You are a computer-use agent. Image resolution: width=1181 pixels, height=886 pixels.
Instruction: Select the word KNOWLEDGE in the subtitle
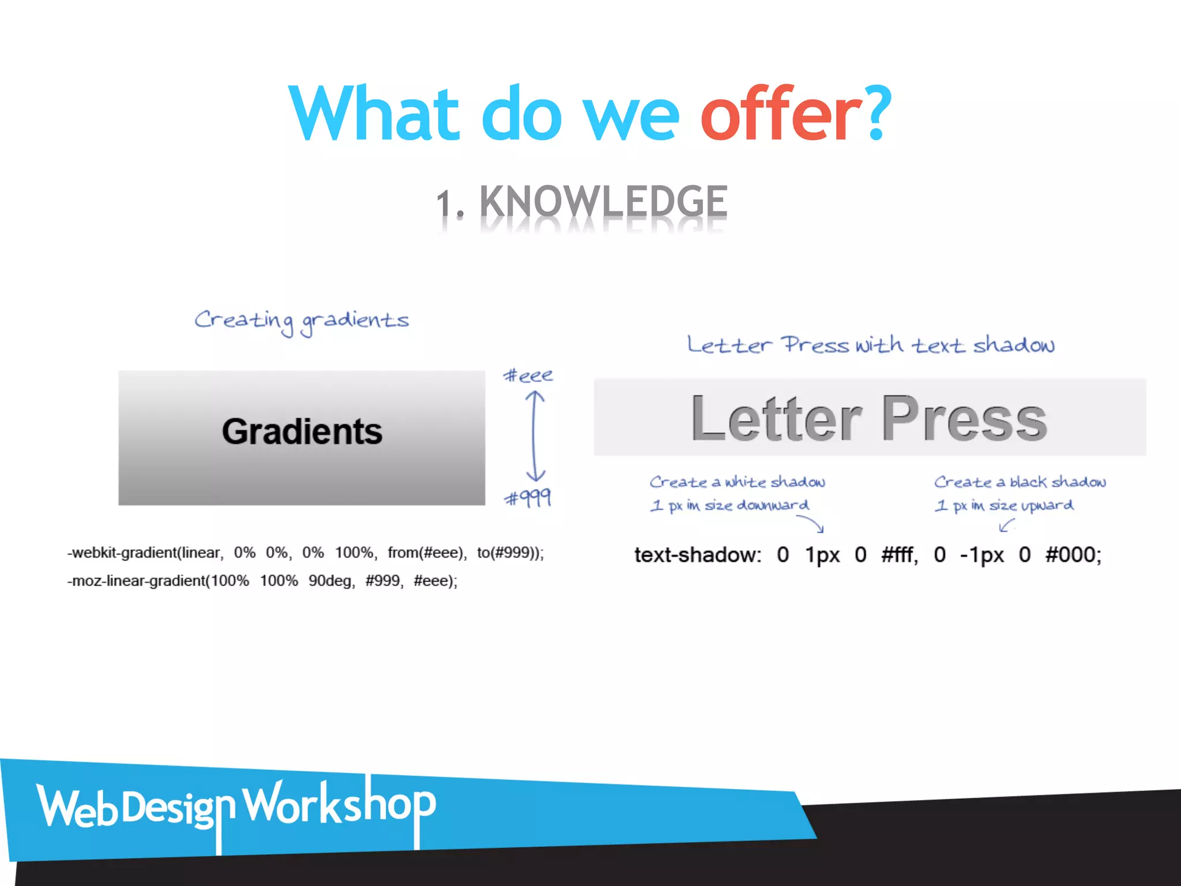[x=603, y=201]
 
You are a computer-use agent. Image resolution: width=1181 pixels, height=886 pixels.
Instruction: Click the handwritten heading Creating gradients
[x=301, y=321]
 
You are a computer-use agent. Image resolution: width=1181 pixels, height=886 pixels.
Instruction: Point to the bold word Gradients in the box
[x=302, y=431]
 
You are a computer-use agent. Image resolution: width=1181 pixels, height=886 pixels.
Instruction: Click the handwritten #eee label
[x=528, y=376]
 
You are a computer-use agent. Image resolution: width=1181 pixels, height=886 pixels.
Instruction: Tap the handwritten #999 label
[x=528, y=497]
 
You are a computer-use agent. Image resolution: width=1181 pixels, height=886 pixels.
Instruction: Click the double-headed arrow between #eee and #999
[x=535, y=436]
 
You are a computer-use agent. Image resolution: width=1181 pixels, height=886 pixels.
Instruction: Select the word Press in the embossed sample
[x=964, y=419]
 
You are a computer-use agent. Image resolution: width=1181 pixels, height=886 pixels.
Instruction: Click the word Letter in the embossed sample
[x=776, y=419]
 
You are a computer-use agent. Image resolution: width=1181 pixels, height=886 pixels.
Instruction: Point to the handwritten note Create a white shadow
[x=737, y=482]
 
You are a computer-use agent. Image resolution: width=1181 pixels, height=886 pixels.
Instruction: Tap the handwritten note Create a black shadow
[x=1020, y=482]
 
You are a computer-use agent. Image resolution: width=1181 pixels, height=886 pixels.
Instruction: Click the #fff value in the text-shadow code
[x=899, y=555]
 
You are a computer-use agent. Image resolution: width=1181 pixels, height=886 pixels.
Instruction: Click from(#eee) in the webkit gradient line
[x=427, y=553]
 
